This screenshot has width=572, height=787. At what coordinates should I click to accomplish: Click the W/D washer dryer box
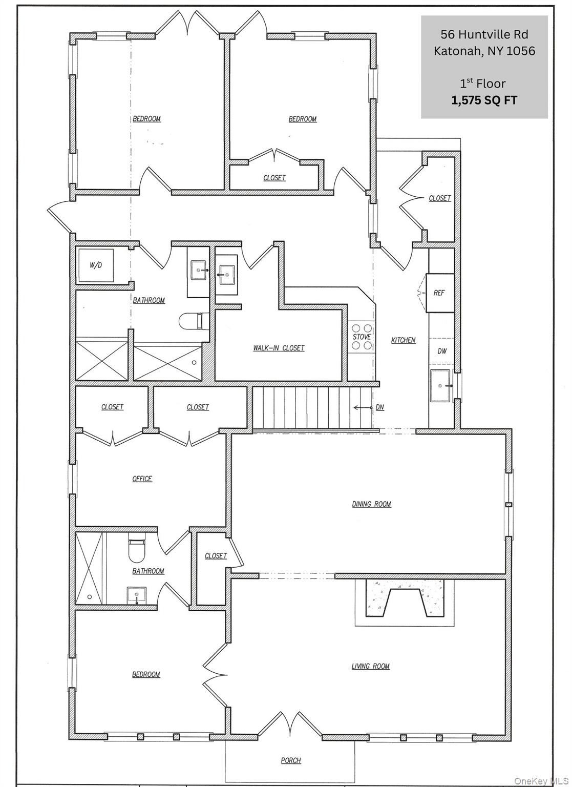(x=95, y=265)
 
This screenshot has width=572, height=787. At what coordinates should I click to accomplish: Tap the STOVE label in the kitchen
(x=362, y=337)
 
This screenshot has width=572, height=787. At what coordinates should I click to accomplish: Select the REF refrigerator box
(x=439, y=293)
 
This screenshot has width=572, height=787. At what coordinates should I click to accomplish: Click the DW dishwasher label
(x=442, y=351)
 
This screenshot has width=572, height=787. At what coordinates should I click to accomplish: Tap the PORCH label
(x=291, y=760)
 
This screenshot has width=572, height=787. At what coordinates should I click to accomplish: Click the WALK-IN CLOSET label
(x=279, y=348)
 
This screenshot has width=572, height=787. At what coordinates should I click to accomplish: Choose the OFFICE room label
(x=142, y=479)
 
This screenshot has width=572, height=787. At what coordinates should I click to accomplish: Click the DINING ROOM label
(x=371, y=504)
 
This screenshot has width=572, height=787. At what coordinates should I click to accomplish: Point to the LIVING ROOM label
(x=370, y=666)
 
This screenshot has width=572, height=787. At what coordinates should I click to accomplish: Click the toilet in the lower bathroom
(x=137, y=549)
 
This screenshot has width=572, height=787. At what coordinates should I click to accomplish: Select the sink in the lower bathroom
(x=136, y=595)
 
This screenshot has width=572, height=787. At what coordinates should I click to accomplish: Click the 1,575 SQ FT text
(x=484, y=100)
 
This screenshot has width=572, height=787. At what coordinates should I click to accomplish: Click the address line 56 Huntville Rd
(x=484, y=34)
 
